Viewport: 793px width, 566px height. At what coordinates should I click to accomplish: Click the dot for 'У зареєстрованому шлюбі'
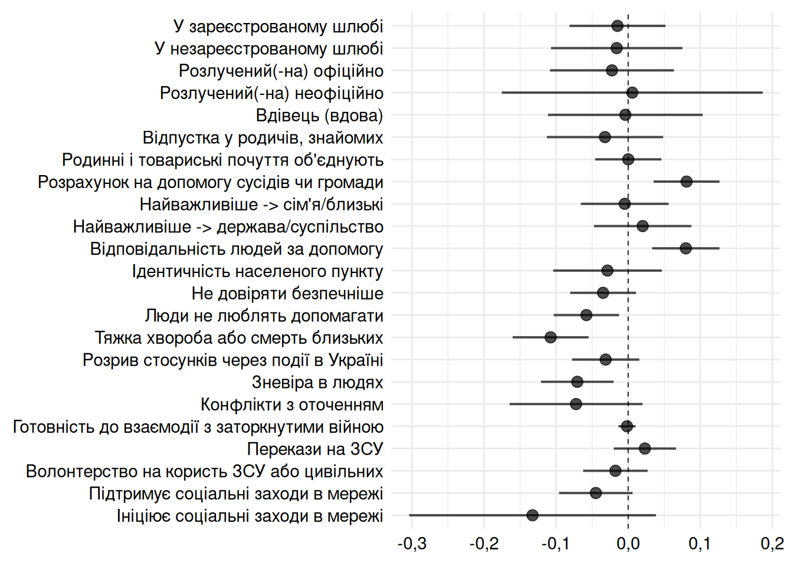[617, 26]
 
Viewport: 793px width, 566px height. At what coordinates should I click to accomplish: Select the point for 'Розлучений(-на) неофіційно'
[632, 93]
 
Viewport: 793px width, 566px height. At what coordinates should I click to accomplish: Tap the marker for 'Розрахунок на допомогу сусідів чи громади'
[686, 182]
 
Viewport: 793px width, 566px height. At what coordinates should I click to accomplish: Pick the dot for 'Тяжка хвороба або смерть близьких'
[550, 337]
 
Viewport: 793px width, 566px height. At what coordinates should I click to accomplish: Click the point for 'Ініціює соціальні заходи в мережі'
[532, 515]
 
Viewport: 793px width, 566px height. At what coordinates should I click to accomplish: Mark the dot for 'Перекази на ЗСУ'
[645, 449]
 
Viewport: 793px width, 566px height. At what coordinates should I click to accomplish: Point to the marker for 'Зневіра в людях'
[577, 381]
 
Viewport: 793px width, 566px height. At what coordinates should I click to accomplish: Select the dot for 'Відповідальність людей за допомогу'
[686, 248]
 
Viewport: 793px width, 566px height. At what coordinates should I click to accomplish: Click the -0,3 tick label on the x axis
[412, 544]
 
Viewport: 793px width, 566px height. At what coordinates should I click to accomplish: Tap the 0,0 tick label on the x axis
[628, 544]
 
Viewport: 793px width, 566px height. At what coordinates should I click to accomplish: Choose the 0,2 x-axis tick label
[772, 544]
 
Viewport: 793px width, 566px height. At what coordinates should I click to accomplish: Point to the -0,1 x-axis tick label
[556, 544]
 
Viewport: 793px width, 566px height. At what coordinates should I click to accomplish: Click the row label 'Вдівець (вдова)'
[319, 116]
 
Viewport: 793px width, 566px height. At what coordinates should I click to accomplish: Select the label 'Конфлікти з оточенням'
[291, 405]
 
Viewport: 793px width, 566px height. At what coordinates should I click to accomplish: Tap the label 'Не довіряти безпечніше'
[287, 294]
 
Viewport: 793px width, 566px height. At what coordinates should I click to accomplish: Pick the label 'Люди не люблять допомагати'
[264, 316]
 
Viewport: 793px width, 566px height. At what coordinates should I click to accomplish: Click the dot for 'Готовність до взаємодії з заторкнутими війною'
[627, 426]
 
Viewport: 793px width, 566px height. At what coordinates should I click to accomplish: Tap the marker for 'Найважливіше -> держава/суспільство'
[643, 226]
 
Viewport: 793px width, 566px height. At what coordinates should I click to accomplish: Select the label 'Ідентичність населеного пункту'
[257, 271]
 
